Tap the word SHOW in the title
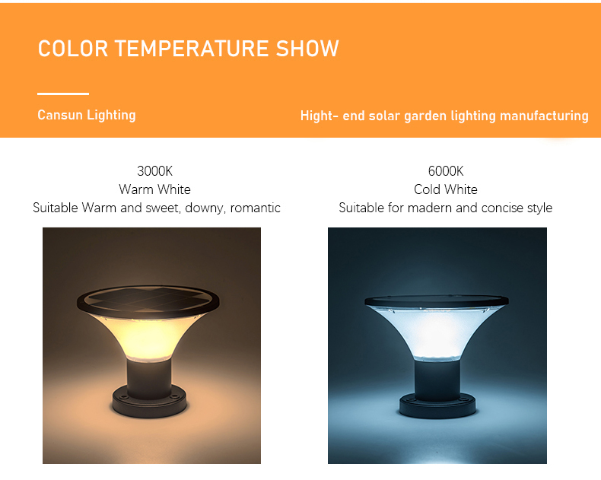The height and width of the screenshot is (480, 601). (307, 49)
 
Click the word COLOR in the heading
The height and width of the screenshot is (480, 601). (73, 49)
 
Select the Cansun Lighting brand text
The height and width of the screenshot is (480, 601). (87, 115)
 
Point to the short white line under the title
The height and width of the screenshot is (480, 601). (63, 94)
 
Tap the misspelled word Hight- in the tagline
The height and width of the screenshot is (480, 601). (320, 116)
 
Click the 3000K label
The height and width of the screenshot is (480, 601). (155, 171)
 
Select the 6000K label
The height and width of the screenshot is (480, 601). (446, 171)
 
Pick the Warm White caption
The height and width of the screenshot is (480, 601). (155, 189)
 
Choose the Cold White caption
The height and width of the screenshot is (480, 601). (446, 189)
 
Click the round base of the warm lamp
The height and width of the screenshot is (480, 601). (149, 402)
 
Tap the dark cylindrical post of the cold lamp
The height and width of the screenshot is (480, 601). (437, 380)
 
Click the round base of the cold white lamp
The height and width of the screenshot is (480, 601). (437, 407)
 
